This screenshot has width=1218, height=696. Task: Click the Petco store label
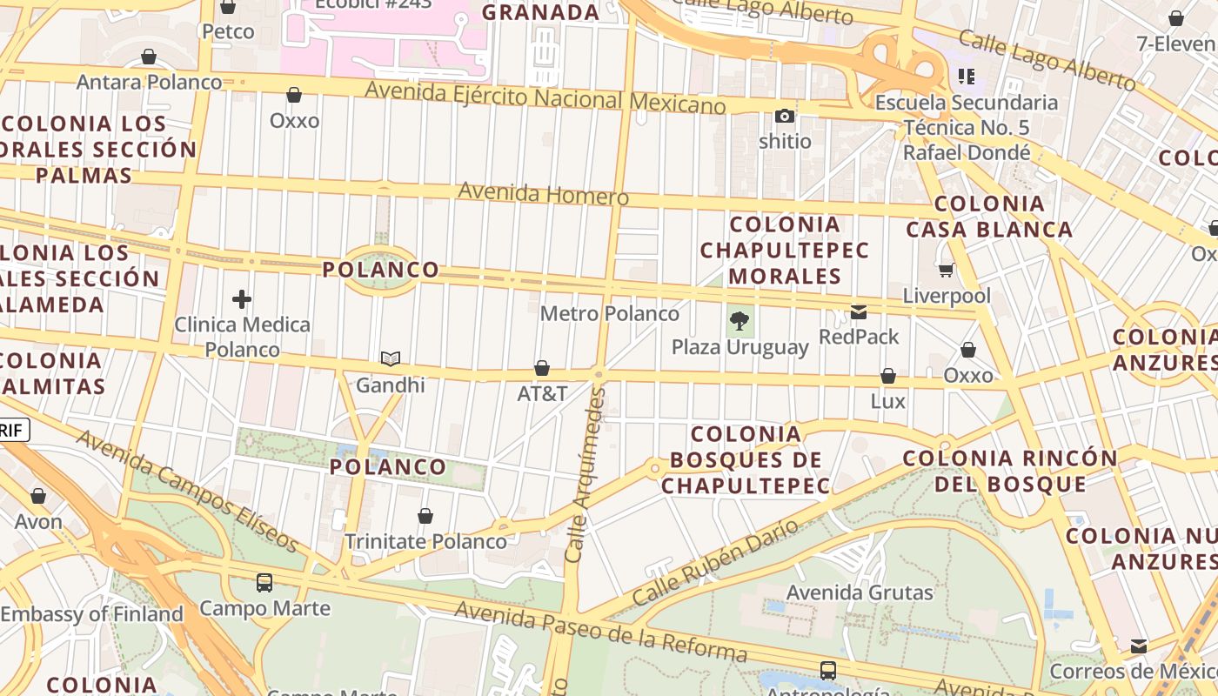(x=228, y=32)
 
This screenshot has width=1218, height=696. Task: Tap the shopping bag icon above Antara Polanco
(x=149, y=57)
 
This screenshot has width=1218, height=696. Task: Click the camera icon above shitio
(x=785, y=116)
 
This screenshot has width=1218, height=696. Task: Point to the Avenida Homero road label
(x=543, y=193)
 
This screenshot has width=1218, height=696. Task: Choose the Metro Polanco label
(x=609, y=313)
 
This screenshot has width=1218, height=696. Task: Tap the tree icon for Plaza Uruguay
(x=739, y=321)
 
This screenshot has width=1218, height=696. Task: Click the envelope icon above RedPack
(x=859, y=312)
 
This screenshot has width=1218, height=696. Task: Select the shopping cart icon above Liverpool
(x=946, y=271)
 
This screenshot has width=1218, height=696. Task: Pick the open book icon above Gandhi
(x=391, y=358)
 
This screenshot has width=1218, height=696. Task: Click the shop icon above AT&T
(x=542, y=368)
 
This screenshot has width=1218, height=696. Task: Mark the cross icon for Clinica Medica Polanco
(x=242, y=300)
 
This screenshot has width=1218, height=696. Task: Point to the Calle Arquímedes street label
(x=584, y=474)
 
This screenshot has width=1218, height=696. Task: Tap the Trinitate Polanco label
(x=425, y=541)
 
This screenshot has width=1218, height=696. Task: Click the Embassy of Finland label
(x=91, y=614)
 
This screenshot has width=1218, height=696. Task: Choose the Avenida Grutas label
(x=860, y=592)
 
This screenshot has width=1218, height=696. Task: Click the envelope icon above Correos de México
(x=1139, y=646)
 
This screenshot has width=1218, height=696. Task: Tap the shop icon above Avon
(x=38, y=496)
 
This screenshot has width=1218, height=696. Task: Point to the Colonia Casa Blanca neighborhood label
(x=989, y=217)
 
